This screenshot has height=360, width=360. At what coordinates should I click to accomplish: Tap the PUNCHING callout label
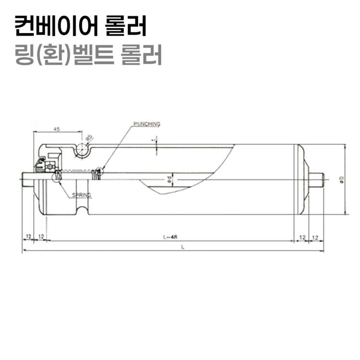[x=146, y=124]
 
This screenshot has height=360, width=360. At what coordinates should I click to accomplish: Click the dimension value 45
[x=57, y=129]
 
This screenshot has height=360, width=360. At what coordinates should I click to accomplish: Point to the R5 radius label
[x=89, y=139]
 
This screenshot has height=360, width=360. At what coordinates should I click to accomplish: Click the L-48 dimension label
[x=170, y=237]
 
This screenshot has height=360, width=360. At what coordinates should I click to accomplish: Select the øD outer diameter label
[x=341, y=179]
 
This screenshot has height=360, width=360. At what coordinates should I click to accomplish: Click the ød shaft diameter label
[x=169, y=180]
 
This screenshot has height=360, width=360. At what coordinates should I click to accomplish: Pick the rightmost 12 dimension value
[x=316, y=237]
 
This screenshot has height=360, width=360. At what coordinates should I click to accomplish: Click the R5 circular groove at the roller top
[x=81, y=150]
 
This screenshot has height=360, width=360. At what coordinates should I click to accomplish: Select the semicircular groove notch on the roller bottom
[x=81, y=210]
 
